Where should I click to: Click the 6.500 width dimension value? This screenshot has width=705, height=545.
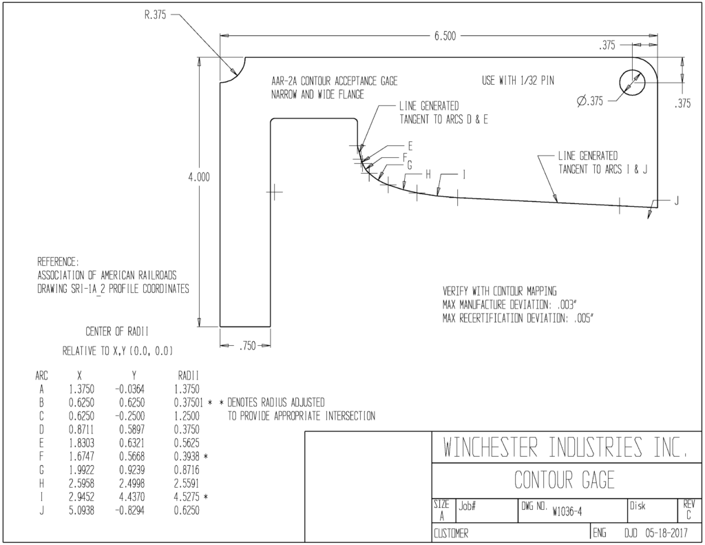pos(445,36)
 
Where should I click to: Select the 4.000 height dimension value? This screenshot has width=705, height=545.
pos(199,177)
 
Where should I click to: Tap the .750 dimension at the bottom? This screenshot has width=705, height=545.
pos(247,346)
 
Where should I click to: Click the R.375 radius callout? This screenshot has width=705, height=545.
pos(155,15)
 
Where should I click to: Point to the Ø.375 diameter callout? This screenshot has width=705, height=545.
pos(590,101)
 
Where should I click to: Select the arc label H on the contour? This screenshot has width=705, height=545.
pos(428,174)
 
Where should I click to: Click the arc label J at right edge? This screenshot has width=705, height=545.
pos(676,200)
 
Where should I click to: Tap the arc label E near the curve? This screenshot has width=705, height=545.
pos(410,146)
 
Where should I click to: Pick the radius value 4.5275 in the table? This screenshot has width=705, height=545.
pos(187,497)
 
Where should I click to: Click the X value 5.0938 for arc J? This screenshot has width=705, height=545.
pos(81,511)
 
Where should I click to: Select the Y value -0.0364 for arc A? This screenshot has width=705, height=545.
pos(130,389)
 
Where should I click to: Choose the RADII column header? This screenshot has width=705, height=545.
pos(188,376)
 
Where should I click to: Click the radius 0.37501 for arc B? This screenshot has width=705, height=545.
pos(189,402)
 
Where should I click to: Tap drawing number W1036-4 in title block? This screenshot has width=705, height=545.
pos(567,512)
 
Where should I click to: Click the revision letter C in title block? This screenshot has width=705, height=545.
pos(688,516)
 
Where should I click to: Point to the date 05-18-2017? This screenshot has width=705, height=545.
pos(666,534)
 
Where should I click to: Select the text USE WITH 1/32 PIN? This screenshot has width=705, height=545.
pos(518,81)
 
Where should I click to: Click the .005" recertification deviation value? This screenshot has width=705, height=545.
pos(584,318)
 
